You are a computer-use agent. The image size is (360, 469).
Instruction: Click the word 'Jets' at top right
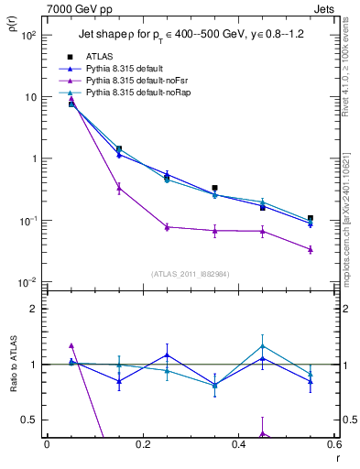tap(325, 8)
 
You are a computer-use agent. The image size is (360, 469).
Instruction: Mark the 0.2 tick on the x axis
tap(143, 445)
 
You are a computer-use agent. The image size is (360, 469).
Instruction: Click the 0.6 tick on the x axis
tap(334, 445)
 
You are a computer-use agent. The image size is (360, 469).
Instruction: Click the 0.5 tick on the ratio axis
tap(31, 420)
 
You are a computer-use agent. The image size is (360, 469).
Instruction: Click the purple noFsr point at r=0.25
tap(167, 227)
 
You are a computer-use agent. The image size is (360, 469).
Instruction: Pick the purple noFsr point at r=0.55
tap(311, 249)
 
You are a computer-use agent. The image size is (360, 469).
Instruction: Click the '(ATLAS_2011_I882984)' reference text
tap(191, 273)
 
